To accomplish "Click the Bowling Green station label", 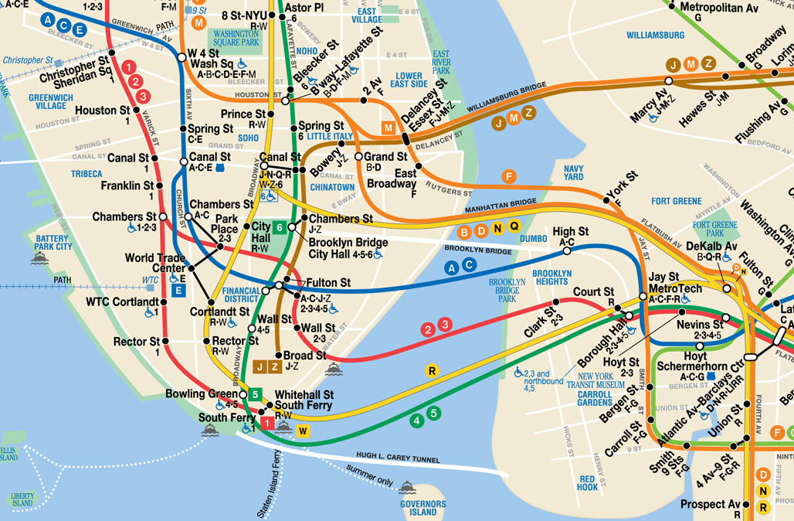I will pyautogui.click(x=201, y=394).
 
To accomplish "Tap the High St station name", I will pyautogui.click(x=570, y=232).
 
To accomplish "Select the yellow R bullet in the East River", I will pyautogui.click(x=433, y=370).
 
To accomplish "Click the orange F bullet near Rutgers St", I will pyautogui.click(x=508, y=176).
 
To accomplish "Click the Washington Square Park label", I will pyautogui.click(x=236, y=39).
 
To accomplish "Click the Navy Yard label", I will pyautogui.click(x=573, y=172).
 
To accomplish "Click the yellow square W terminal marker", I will pyautogui.click(x=303, y=431).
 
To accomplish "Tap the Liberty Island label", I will pyautogui.click(x=22, y=499).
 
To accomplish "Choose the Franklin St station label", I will pyautogui.click(x=127, y=186).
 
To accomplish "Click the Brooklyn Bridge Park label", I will pyautogui.click(x=506, y=289).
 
